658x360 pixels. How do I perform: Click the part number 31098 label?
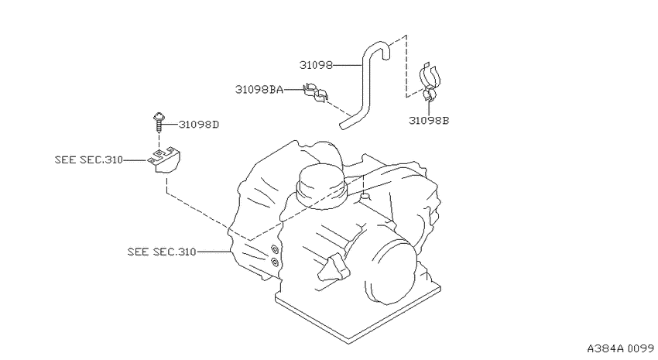pos(316,65)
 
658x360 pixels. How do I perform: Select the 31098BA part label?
pos(259,89)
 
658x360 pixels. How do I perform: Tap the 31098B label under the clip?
pos(429,121)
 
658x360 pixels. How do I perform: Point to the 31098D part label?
pos(199,125)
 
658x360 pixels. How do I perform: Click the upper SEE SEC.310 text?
pos(88,159)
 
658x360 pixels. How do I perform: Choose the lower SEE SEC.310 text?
pos(162,252)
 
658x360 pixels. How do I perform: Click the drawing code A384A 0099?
pos(620,348)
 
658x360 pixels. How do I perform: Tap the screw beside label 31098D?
pos(159,121)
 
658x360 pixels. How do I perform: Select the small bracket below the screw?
pos(164,159)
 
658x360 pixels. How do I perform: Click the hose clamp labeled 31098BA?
pos(315,93)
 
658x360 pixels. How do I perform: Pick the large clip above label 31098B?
pos(430,82)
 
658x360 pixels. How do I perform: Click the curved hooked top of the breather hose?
pos(376,46)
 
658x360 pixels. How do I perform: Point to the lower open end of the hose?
pos(343,125)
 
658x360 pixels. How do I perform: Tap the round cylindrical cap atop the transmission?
pos(320,186)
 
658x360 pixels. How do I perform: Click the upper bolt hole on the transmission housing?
pos(275,249)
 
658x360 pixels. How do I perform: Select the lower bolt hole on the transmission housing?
pos(275,262)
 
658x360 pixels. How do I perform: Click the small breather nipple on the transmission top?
pos(365,196)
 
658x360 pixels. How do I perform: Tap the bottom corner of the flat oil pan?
pos(349,343)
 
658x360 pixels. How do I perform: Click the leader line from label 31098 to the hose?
pos(347,65)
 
